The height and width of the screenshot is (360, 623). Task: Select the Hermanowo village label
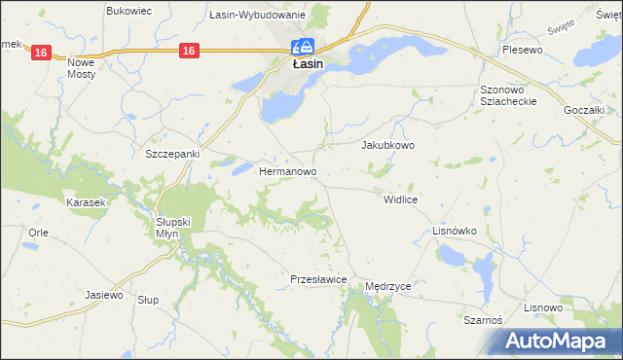[289, 171]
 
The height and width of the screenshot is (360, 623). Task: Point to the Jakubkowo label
[388, 145]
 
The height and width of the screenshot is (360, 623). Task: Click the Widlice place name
[401, 198]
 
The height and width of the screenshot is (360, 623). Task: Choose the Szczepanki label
[171, 154]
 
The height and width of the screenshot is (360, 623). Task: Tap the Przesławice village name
[319, 279]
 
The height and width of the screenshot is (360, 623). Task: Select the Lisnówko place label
[454, 231]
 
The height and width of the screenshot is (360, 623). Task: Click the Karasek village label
[85, 202]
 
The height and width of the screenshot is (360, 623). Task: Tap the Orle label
[39, 233]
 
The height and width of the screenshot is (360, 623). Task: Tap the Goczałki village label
[586, 111]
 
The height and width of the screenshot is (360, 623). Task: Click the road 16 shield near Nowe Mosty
[39, 53]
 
